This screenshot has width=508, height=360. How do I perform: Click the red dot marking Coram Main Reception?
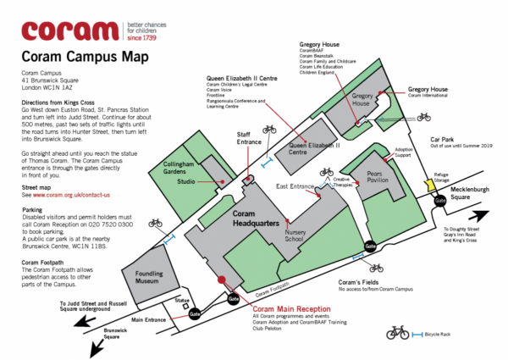tap(221, 279)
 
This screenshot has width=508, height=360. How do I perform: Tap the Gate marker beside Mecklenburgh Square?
tap(439, 202)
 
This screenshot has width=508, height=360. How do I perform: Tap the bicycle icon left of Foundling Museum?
tap(156, 224)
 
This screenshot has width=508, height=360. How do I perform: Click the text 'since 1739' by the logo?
tap(146, 38)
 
